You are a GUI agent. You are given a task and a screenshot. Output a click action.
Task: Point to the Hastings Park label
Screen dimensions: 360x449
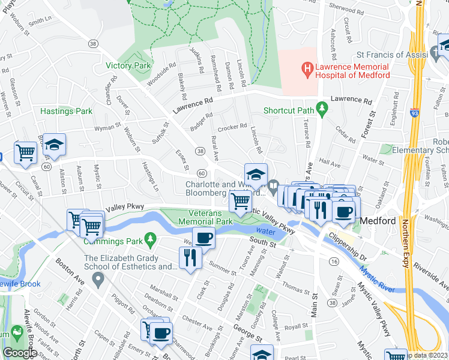67,111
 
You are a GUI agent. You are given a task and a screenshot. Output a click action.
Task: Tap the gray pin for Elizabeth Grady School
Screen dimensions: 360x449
99,279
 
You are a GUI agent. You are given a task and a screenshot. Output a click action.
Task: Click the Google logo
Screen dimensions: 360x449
20,353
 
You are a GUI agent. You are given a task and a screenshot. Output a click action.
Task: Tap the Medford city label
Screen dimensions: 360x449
378,221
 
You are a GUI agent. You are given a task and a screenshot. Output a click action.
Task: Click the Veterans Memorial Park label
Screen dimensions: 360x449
202,217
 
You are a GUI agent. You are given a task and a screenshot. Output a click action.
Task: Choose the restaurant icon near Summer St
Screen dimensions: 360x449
190,258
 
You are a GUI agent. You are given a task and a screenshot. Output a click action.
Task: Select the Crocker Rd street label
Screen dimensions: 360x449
232,127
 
